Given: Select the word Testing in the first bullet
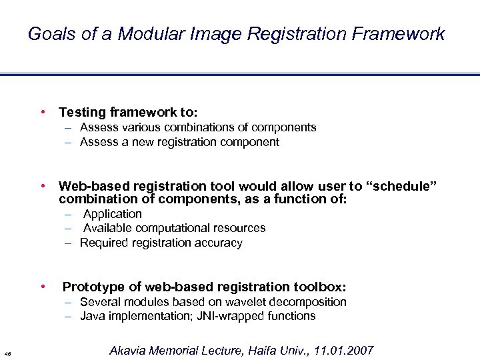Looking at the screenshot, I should coord(83,113).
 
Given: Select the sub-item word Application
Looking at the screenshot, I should coord(113,214).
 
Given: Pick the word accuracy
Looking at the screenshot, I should coord(219,243).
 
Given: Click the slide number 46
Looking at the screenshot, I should coord(7,353).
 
